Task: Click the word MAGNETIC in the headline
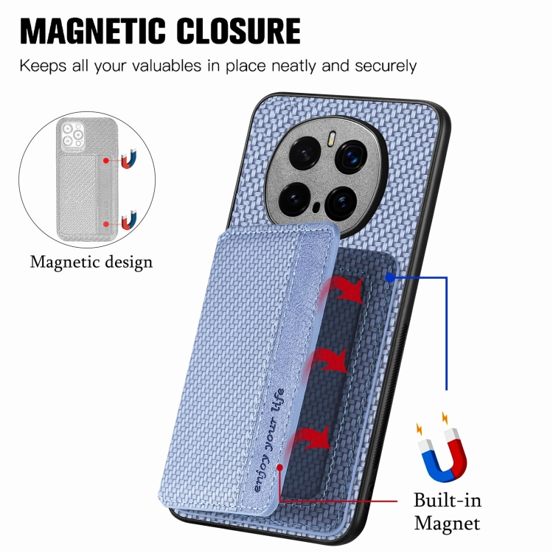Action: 92,31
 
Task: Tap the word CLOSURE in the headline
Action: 238,31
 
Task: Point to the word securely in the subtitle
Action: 386,66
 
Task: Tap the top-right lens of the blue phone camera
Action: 351,156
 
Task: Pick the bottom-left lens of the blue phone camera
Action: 294,199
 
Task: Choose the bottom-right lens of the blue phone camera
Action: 341,203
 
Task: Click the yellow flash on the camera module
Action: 332,139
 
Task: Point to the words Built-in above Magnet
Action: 448,500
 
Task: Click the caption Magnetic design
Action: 91,262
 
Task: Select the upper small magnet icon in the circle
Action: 129,159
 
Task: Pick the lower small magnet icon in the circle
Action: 129,220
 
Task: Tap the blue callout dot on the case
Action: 390,277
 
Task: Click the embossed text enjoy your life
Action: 268,440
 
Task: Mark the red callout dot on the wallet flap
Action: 279,467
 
